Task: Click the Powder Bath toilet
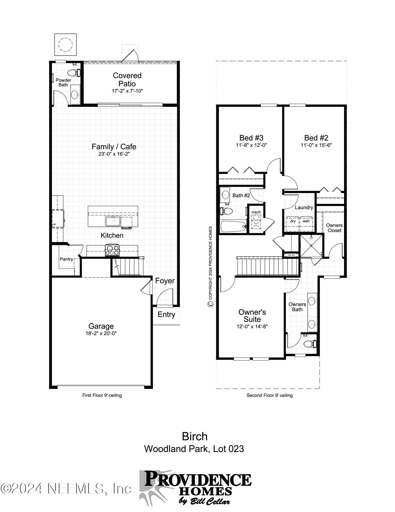[x=76, y=72]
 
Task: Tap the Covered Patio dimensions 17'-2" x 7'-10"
[x=127, y=91]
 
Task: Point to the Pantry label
[x=66, y=259]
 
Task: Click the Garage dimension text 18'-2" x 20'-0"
[x=101, y=333]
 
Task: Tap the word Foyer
[x=165, y=281]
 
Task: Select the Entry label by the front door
[x=166, y=315]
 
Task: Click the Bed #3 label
[x=251, y=138]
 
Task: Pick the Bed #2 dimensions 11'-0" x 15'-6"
[x=316, y=145]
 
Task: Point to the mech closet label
[x=256, y=212]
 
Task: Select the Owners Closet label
[x=334, y=228]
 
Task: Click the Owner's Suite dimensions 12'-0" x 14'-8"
[x=252, y=326]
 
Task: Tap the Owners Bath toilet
[x=312, y=344]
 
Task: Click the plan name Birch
[x=195, y=436]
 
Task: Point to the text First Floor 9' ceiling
[x=102, y=395]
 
